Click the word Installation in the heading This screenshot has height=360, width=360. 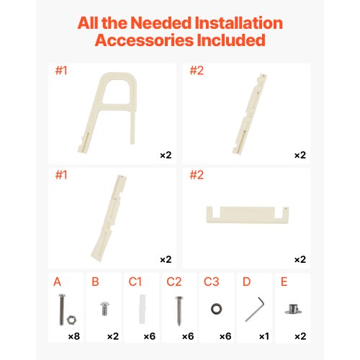239,23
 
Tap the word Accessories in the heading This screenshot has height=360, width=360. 144,40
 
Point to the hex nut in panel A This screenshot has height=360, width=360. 71,320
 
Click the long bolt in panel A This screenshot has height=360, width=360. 62,310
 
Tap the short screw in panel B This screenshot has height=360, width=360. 104,309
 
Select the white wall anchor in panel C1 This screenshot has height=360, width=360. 143,309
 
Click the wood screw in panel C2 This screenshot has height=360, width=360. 179,311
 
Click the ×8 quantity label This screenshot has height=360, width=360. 74,336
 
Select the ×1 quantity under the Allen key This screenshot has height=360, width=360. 264,336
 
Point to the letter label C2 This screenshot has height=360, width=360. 174,282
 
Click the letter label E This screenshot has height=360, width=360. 284,282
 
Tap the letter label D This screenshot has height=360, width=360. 247,282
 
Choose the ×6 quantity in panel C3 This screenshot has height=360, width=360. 225,336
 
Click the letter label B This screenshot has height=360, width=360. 95,282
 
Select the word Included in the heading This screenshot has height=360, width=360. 231,40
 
